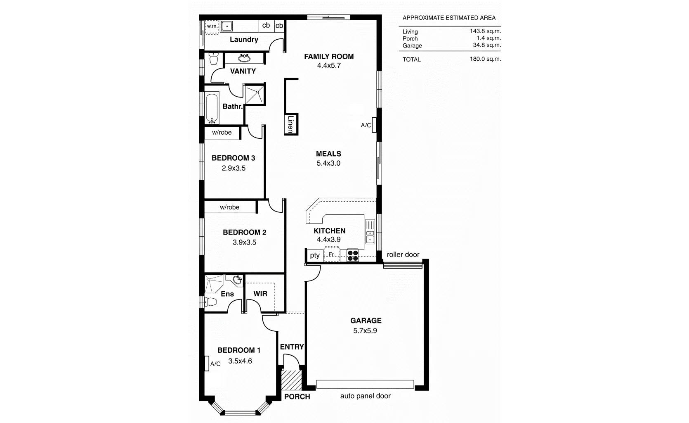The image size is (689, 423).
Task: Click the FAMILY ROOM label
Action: pos(328,57)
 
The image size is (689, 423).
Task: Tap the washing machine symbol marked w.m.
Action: pos(212,26)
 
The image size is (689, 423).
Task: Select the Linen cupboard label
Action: pos(290,124)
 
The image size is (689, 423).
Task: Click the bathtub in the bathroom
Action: pos(212,108)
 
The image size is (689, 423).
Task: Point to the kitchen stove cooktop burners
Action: pos(352,255)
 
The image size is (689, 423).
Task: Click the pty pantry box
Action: pos(315,255)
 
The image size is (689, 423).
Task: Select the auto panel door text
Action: pos(365,396)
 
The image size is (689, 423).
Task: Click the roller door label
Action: pos(403,254)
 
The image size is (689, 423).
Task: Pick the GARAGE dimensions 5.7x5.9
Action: pos(365,330)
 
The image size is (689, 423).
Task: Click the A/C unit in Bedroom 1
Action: pos(207,364)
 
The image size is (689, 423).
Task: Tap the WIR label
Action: pos(260,294)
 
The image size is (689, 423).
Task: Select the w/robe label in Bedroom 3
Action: pos(222,133)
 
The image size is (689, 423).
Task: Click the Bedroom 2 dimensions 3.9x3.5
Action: pos(244,242)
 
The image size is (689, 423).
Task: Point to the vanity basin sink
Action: pos(244,58)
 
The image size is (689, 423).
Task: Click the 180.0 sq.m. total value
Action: pos(485,59)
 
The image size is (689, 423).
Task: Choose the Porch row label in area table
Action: pos(410,38)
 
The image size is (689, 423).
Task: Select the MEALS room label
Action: pos(328,154)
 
